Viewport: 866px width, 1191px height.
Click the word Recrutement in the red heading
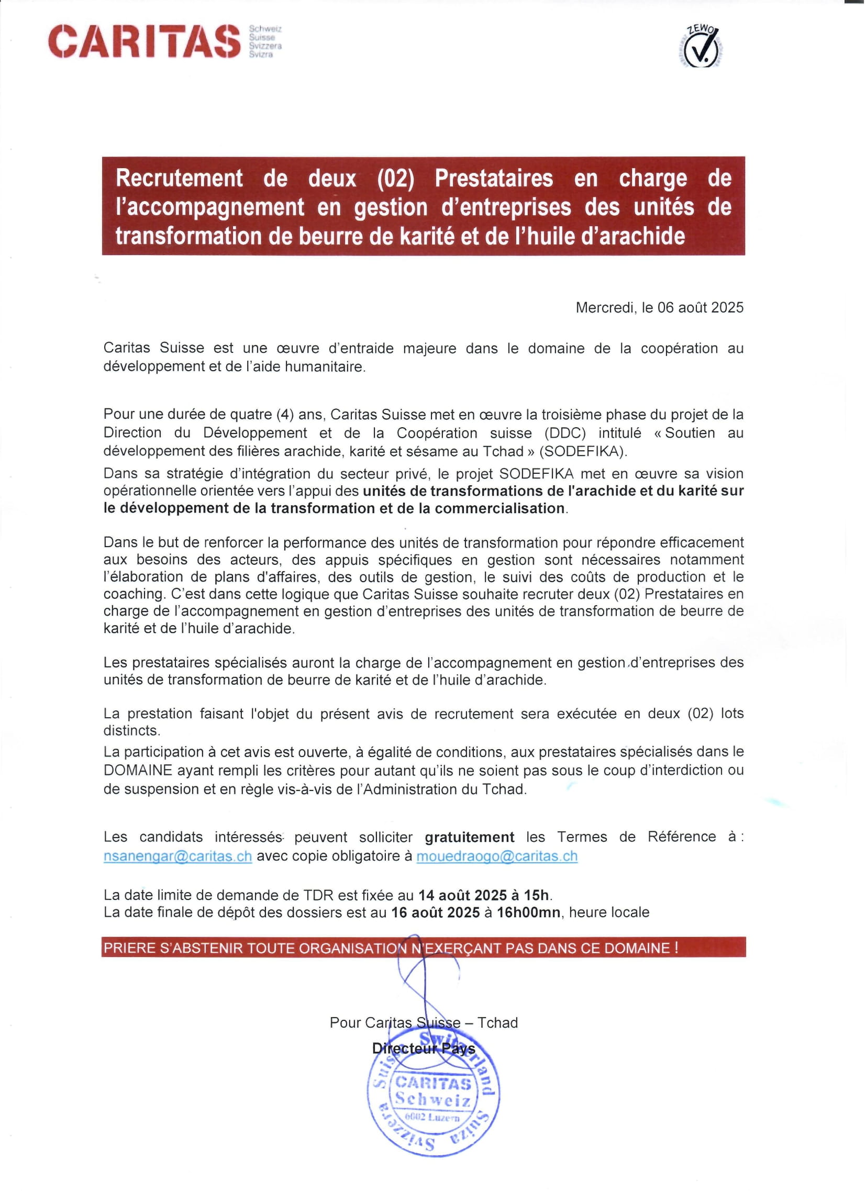[x=179, y=178]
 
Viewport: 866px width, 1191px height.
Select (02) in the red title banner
[x=395, y=178]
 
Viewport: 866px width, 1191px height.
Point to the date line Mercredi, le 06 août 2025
[x=659, y=308]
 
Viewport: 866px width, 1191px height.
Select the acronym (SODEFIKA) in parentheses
[x=582, y=451]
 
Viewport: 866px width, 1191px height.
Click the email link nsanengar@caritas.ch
[x=177, y=856]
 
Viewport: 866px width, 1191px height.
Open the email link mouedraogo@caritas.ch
[x=497, y=856]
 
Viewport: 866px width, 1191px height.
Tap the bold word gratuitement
[x=470, y=838]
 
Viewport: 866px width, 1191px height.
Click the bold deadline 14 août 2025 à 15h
[x=484, y=895]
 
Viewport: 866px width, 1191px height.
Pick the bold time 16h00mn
[x=528, y=912]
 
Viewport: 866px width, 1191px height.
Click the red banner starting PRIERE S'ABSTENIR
[x=423, y=948]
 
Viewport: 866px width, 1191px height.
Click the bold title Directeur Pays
[x=423, y=1049]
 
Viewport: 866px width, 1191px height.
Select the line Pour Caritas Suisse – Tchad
[x=423, y=1022]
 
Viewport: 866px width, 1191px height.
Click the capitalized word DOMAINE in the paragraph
[x=138, y=771]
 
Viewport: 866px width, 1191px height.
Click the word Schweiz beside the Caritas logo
[x=265, y=29]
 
